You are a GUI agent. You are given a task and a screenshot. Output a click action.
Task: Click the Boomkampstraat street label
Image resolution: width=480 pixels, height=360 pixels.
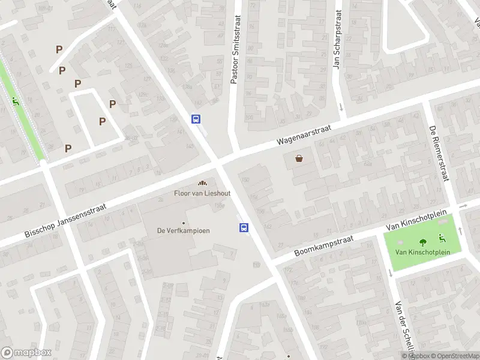tap(324, 245)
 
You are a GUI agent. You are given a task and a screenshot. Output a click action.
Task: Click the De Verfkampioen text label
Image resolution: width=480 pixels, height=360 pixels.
tap(183, 230)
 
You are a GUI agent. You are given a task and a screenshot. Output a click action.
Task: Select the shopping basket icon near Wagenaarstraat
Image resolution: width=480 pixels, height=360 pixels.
tap(299, 158)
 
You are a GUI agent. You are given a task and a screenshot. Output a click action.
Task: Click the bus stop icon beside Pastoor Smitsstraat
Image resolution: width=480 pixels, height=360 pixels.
tap(196, 119)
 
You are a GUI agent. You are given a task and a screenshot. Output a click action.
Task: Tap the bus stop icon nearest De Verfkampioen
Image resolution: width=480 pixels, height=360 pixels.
tap(244, 227)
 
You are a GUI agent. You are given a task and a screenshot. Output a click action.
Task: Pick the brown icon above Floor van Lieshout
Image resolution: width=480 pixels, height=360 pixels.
tap(202, 183)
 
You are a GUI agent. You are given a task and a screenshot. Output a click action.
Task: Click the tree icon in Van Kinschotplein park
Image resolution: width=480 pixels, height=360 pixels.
tap(423, 242)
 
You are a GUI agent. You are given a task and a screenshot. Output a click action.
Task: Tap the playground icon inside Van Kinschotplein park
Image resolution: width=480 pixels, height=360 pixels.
tap(442, 238)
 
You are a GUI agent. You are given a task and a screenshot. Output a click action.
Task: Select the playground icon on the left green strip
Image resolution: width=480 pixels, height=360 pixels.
tap(15, 100)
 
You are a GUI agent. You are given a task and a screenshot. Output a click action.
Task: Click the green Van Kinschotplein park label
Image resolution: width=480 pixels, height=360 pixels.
tap(423, 252)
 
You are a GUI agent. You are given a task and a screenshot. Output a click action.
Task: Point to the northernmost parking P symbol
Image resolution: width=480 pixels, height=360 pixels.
tap(59, 50)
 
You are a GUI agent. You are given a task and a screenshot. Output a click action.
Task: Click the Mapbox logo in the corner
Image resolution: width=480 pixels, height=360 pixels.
tap(25, 352)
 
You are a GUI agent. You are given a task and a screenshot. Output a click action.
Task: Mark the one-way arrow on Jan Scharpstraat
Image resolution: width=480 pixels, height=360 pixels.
tap(341, 107)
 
